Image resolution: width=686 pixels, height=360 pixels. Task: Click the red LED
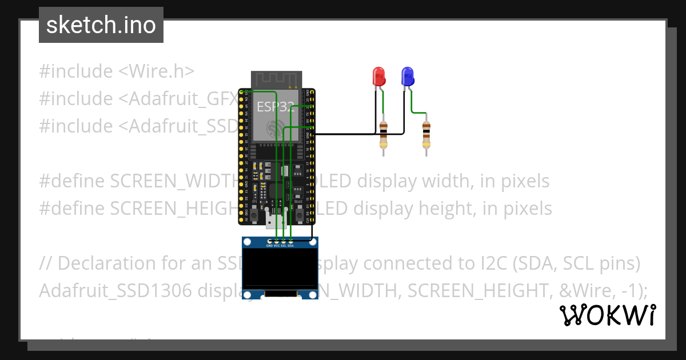point(378,76)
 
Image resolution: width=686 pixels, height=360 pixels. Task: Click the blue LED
point(407,76)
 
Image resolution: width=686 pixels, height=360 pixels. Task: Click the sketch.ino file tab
point(101,25)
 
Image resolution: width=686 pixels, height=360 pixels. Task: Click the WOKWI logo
point(608,315)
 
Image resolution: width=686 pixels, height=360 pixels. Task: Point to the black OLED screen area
point(280,269)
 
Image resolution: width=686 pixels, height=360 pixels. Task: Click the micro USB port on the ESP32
point(276,221)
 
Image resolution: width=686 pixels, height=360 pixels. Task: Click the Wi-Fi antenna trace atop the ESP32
point(276,79)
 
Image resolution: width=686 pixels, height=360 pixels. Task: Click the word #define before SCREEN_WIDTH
point(72,181)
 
